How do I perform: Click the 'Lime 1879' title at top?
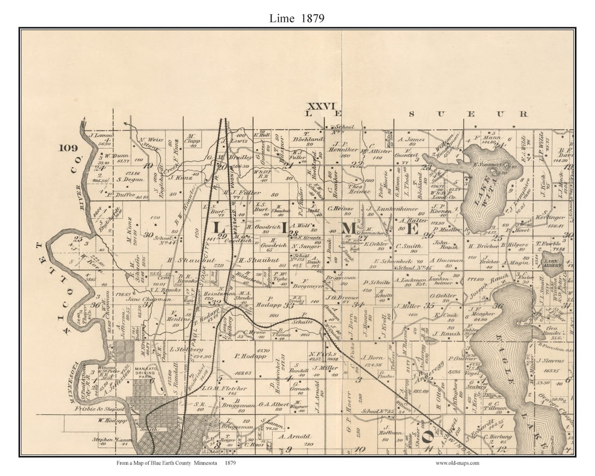(x=297, y=18)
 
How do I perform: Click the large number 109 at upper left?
(x=70, y=148)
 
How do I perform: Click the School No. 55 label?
(x=374, y=412)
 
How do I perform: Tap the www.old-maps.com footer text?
(x=457, y=463)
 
